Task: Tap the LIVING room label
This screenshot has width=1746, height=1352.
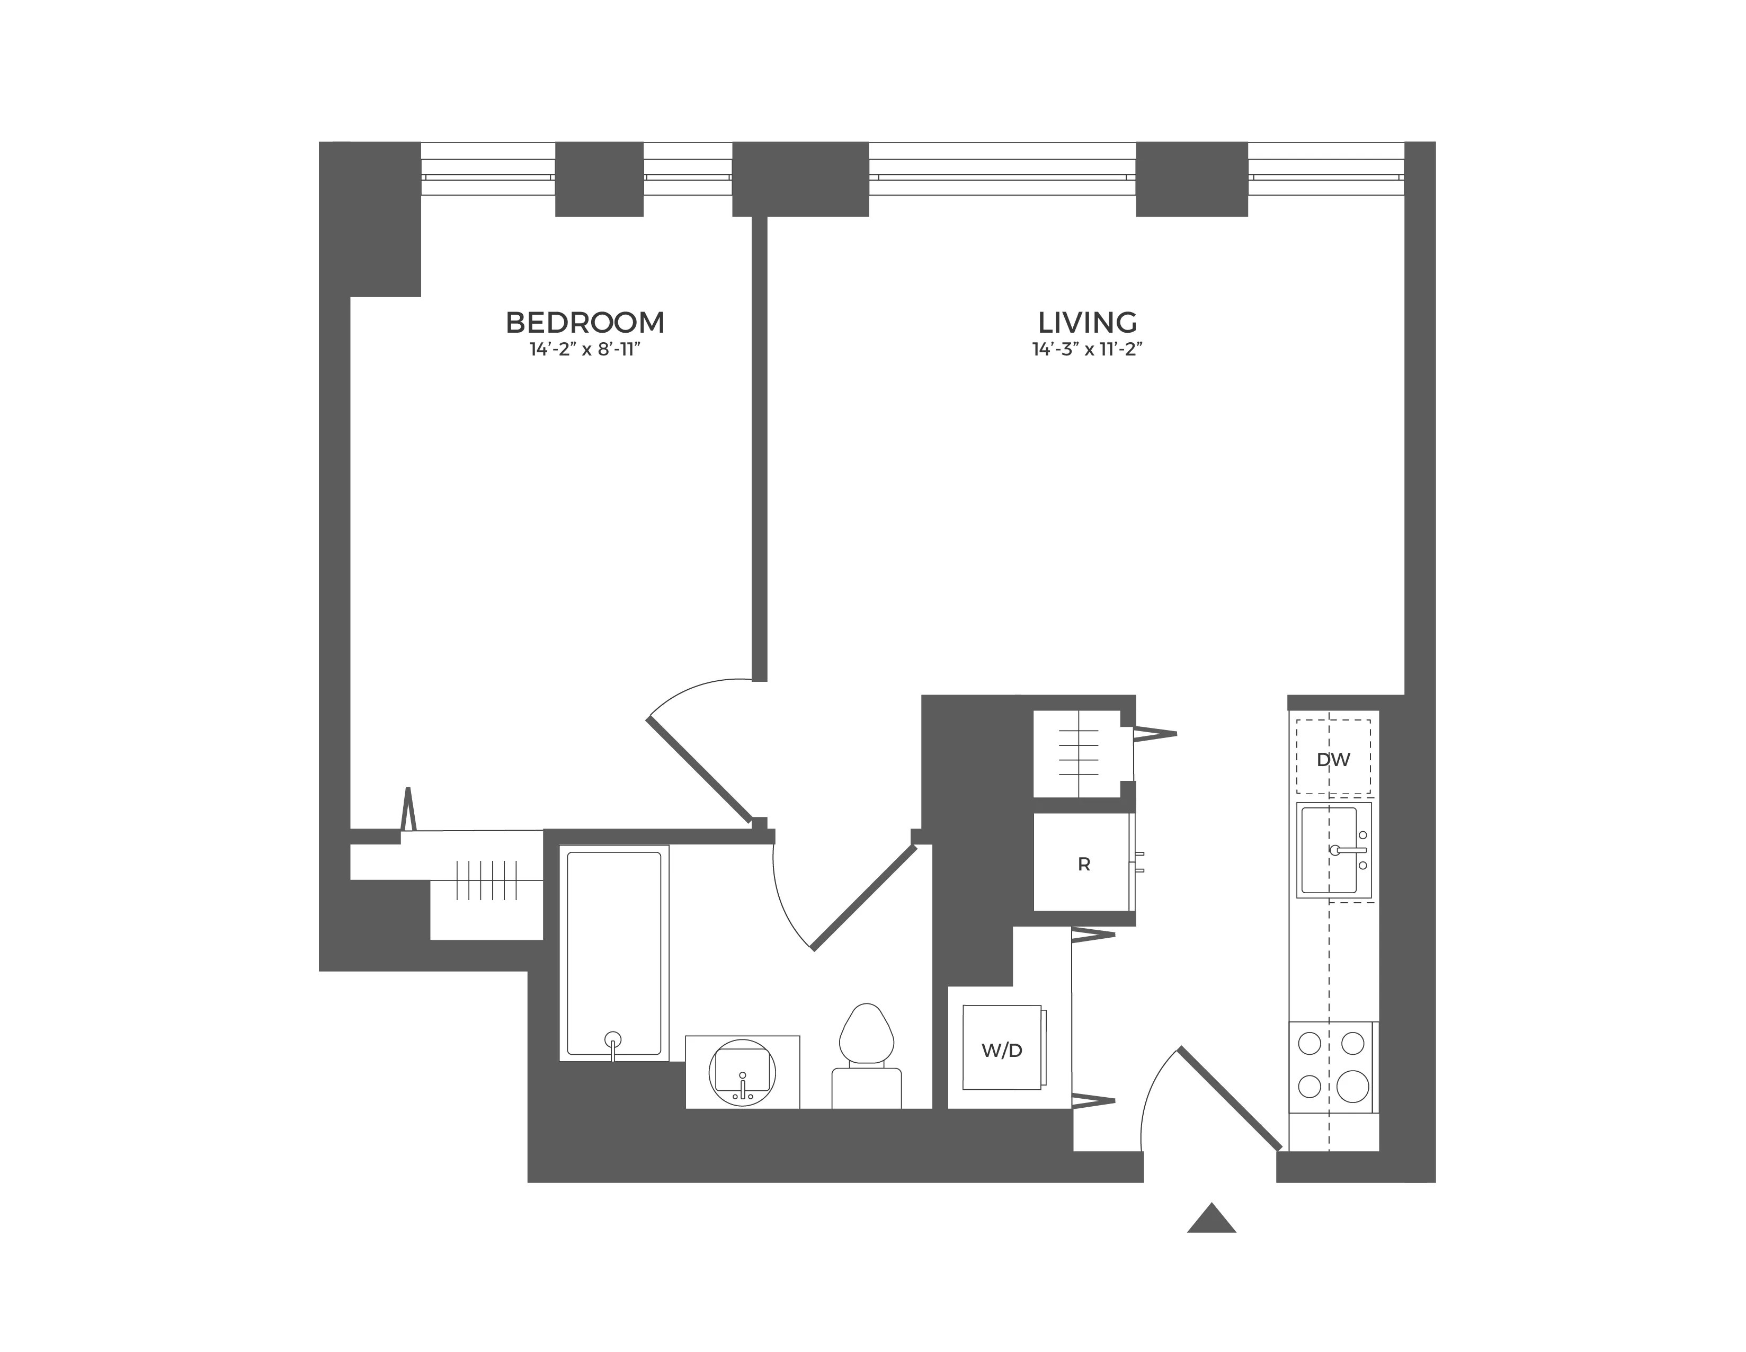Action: tap(1087, 322)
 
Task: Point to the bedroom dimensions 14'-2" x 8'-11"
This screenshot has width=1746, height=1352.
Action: tap(585, 350)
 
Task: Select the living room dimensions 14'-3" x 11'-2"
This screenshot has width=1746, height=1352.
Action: tap(1087, 350)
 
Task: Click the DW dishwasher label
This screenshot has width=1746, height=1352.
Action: tap(1333, 760)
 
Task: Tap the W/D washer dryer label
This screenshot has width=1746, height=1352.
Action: tap(1002, 1051)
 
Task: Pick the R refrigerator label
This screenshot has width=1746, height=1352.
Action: tap(1083, 864)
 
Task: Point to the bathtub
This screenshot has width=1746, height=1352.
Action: tap(613, 951)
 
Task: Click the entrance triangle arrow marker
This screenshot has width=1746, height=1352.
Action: tap(1211, 1218)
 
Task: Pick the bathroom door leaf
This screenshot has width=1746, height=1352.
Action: tap(864, 897)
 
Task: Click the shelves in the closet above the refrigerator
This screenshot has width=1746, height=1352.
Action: tap(1077, 754)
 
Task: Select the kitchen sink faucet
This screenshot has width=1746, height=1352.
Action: tap(1349, 850)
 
